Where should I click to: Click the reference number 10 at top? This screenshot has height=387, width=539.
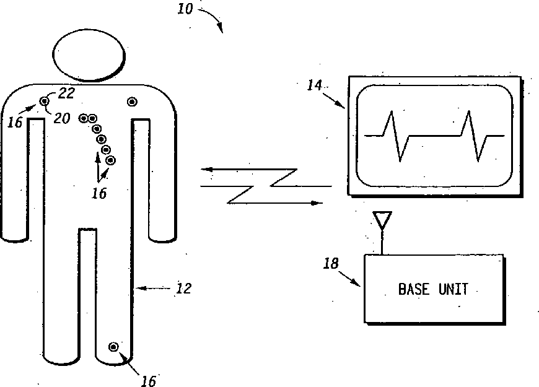tap(185, 10)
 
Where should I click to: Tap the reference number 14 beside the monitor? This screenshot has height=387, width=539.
tap(315, 85)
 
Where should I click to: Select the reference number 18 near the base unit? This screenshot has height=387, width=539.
tap(331, 264)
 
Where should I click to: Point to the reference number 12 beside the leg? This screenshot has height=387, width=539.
tap(184, 289)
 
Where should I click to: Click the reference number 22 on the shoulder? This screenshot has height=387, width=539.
tap(66, 93)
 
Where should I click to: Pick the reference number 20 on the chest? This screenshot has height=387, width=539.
tap(61, 118)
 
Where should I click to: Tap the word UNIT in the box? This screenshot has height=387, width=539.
tap(454, 289)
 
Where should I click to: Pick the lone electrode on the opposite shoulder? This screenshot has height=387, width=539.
tap(131, 101)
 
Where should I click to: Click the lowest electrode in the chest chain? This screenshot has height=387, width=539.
tap(110, 160)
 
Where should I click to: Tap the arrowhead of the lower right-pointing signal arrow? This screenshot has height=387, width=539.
tap(318, 202)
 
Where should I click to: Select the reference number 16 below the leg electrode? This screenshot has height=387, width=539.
tap(148, 381)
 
